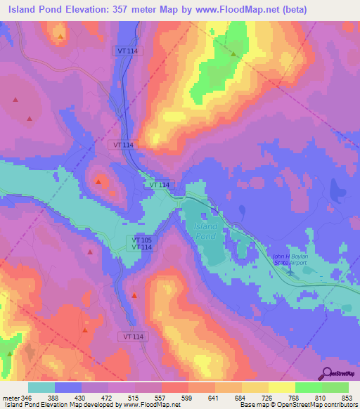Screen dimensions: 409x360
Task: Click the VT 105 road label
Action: (141, 240)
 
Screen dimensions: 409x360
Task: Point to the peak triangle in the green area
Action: (233, 53)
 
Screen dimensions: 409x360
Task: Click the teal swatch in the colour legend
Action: (42, 387)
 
